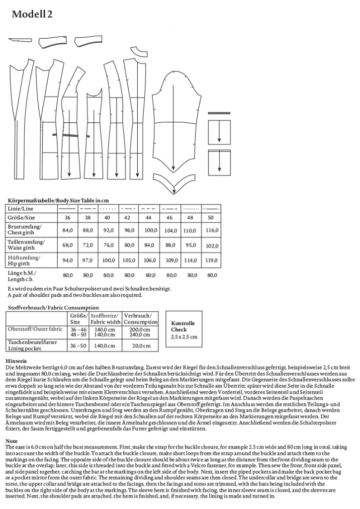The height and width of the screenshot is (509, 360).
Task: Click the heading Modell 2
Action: pyautogui.click(x=32, y=15)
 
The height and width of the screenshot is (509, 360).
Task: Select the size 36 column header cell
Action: pyautogui.click(x=68, y=218)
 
